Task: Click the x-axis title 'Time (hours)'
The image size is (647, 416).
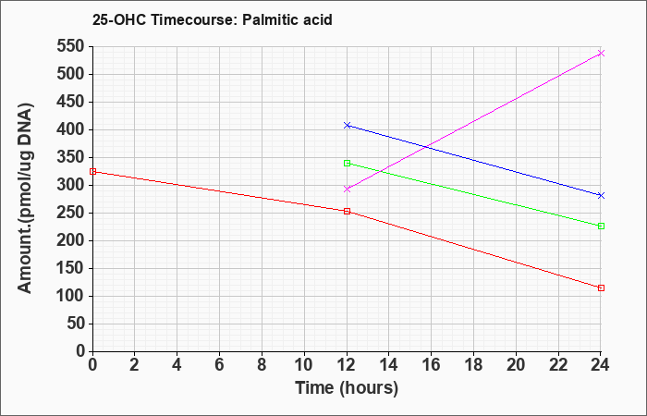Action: pyautogui.click(x=347, y=387)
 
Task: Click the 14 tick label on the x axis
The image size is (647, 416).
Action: pyautogui.click(x=389, y=364)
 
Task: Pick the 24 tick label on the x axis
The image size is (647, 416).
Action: pyautogui.click(x=601, y=364)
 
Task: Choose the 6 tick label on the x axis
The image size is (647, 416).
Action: pyautogui.click(x=219, y=364)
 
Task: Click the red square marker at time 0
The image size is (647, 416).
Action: pyautogui.click(x=92, y=172)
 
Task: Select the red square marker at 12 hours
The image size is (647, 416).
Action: pyautogui.click(x=347, y=211)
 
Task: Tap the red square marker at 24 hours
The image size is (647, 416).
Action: pyautogui.click(x=601, y=288)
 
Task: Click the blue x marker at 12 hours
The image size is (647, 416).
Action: pyautogui.click(x=347, y=125)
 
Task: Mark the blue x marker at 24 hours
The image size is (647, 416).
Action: pyautogui.click(x=601, y=195)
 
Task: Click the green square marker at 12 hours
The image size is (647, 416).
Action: pyautogui.click(x=347, y=163)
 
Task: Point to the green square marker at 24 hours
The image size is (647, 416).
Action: pyautogui.click(x=601, y=226)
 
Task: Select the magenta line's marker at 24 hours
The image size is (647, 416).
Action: pyautogui.click(x=601, y=54)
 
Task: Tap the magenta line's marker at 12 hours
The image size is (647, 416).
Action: pyautogui.click(x=347, y=189)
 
